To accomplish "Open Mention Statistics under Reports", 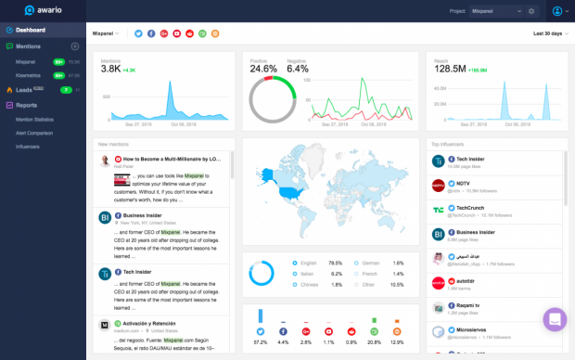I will point(36,119).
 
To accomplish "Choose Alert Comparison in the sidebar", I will point(35,133).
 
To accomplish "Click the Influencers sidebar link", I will point(27,147).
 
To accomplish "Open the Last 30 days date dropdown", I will point(549,33).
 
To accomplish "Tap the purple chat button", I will point(555,320).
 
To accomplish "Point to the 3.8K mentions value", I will point(110,69).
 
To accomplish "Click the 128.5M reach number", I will point(448,69).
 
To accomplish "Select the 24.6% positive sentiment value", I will point(263,69).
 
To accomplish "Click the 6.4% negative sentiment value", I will point(298,69).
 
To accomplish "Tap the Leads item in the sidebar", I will point(27,90).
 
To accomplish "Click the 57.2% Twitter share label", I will point(260,342).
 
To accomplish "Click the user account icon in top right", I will point(557,11).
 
